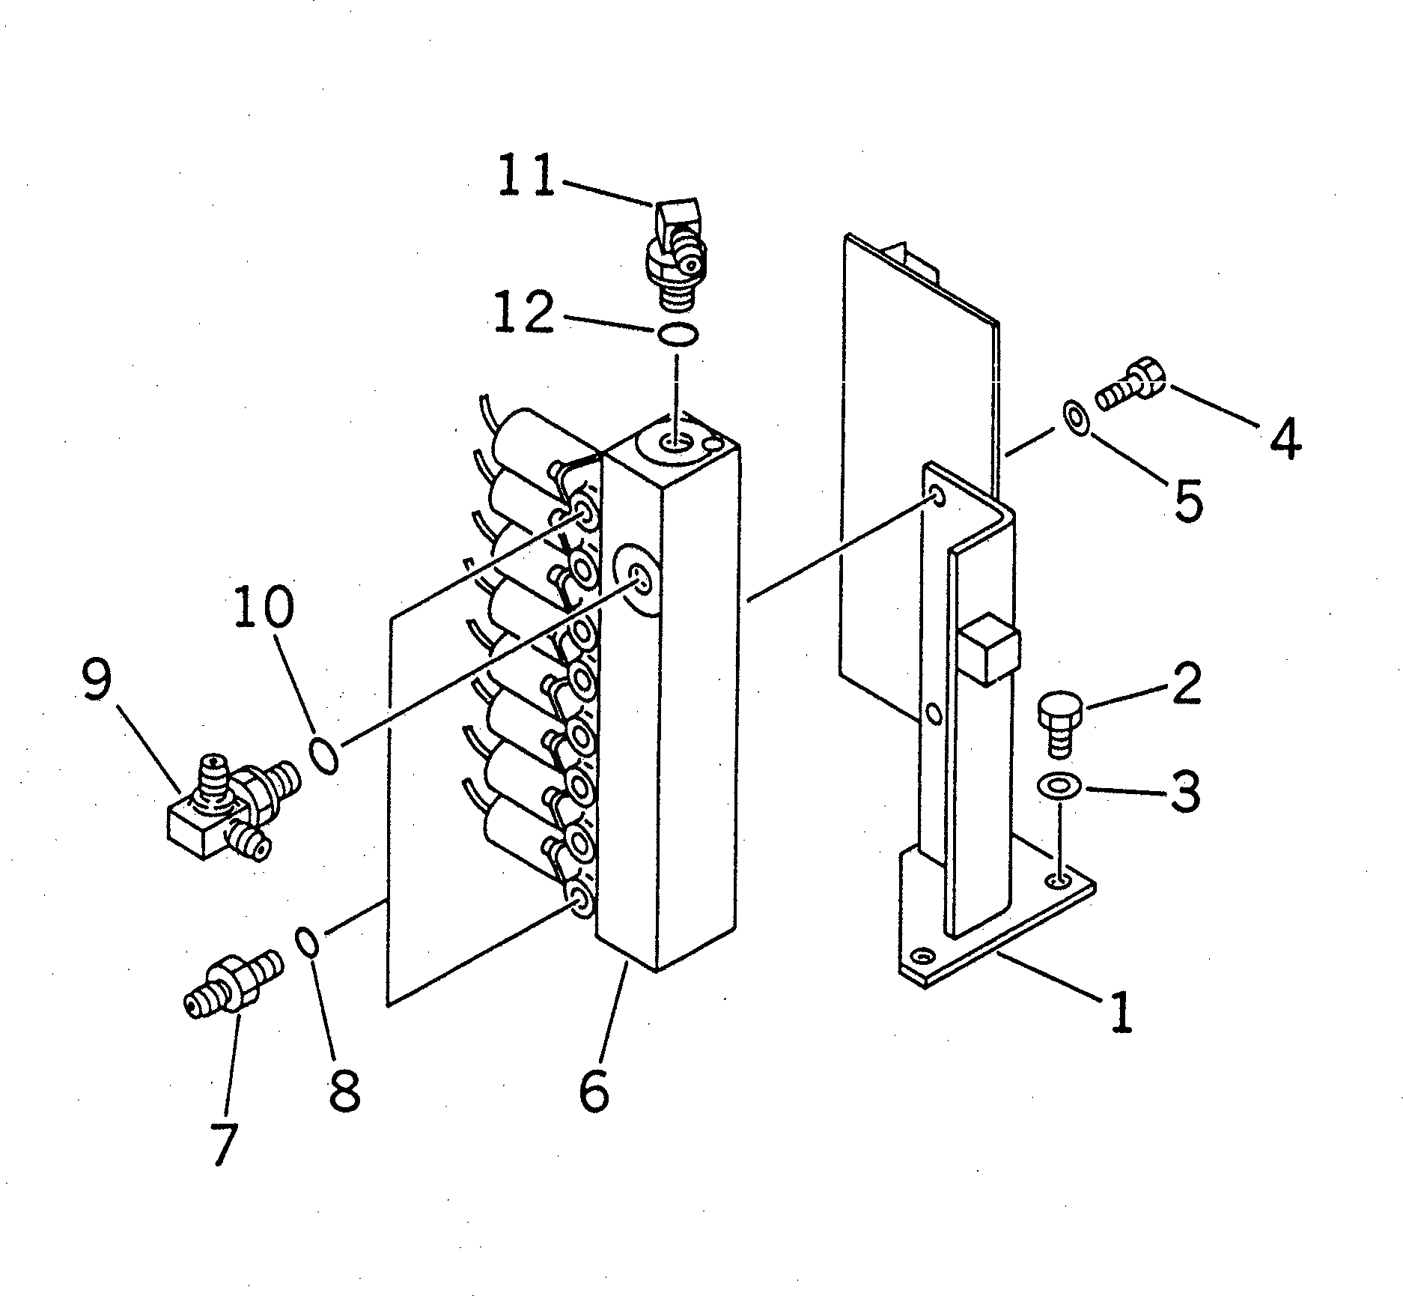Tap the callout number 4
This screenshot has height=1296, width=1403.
(x=1285, y=438)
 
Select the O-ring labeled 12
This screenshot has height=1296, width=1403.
(x=678, y=333)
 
